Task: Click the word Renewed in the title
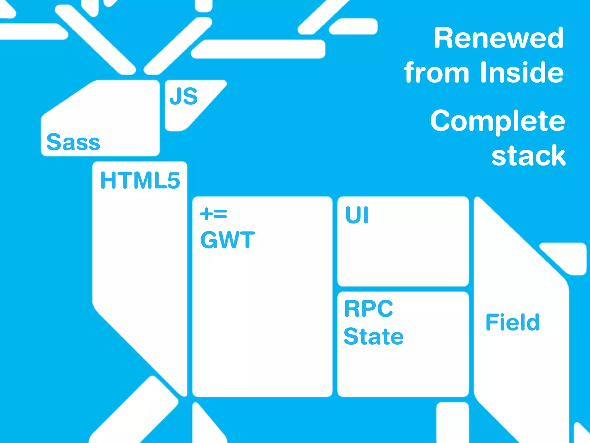click(x=498, y=38)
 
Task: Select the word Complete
click(x=498, y=121)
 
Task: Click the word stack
click(x=528, y=156)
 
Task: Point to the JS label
click(x=184, y=97)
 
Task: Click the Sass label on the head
click(x=73, y=142)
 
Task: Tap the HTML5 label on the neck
click(x=140, y=181)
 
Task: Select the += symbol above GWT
click(x=213, y=214)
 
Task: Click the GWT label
click(x=227, y=240)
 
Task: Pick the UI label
click(x=357, y=215)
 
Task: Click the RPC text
click(x=368, y=309)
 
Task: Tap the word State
click(x=374, y=336)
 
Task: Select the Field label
click(x=512, y=322)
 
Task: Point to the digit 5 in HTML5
click(x=173, y=181)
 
